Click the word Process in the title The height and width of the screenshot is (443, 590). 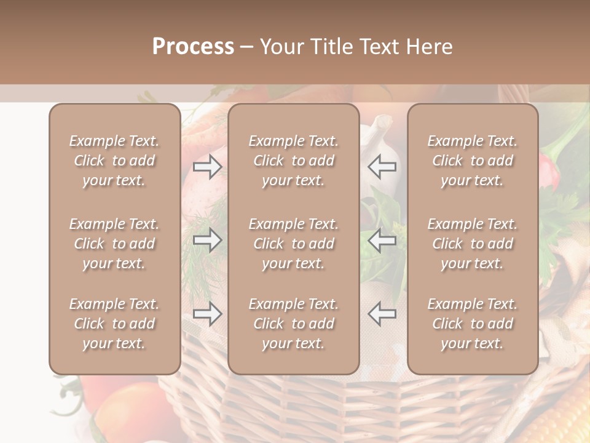(193, 47)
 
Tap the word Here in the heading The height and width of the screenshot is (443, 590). (431, 47)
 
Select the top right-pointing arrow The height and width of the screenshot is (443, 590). (208, 167)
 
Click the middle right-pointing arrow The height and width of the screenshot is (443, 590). (208, 241)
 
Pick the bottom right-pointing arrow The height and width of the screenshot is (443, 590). (208, 314)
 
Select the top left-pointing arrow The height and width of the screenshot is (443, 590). (382, 167)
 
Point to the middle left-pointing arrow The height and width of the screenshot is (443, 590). (382, 241)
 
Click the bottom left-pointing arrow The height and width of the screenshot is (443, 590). (382, 314)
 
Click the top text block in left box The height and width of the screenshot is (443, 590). (114, 161)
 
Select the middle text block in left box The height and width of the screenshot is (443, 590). (114, 244)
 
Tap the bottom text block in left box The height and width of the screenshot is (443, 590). (114, 324)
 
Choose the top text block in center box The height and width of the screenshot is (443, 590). (293, 161)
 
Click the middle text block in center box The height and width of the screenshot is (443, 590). (293, 244)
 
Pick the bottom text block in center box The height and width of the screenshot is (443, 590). (293, 324)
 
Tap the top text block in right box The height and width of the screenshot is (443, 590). (472, 161)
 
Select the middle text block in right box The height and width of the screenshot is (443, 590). (472, 244)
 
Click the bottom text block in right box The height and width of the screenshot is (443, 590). (472, 324)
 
